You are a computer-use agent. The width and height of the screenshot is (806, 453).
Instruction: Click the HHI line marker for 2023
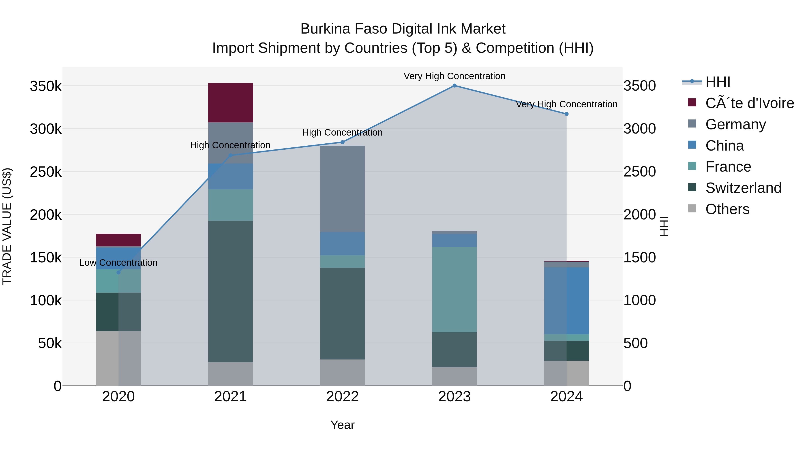click(x=454, y=86)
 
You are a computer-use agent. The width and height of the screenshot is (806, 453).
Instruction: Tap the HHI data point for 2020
click(x=118, y=272)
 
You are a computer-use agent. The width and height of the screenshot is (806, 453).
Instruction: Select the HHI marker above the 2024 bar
click(x=566, y=114)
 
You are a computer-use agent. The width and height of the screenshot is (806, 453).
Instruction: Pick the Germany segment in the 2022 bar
click(x=342, y=189)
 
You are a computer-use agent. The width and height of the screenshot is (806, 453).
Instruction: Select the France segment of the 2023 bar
click(x=454, y=289)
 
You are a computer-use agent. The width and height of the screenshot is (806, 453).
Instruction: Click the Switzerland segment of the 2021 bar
click(x=230, y=291)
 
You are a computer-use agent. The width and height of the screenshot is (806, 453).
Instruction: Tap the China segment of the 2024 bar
click(x=566, y=301)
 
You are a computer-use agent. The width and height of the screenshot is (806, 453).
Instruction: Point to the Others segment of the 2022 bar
click(x=342, y=373)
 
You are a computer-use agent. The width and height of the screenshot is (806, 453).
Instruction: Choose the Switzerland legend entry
click(x=743, y=188)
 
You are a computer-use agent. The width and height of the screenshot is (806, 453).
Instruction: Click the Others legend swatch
click(x=692, y=208)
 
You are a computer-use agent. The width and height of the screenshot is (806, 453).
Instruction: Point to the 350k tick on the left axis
click(x=46, y=86)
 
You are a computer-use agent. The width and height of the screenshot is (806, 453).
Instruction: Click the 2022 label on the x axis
click(x=342, y=397)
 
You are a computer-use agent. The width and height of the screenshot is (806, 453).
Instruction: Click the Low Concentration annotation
click(x=118, y=263)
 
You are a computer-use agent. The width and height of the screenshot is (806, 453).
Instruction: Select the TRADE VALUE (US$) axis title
click(x=7, y=226)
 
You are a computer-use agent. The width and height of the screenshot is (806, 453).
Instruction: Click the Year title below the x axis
click(x=342, y=425)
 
